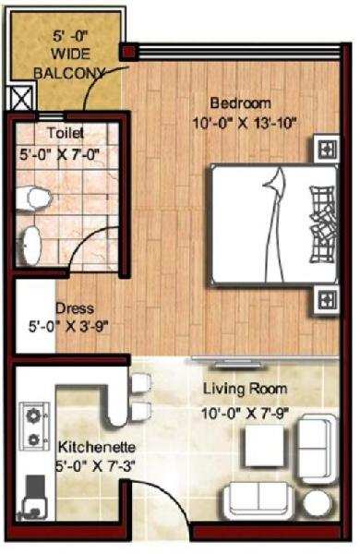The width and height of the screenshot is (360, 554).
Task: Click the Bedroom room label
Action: pos(241,103)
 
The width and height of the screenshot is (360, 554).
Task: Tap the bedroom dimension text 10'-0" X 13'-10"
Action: pos(244,124)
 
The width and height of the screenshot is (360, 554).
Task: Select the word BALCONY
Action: pos(69,73)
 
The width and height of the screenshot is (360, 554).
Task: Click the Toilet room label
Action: pos(66,133)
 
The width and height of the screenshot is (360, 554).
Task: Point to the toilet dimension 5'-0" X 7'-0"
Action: pos(59,154)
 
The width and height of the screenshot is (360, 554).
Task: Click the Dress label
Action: pos(75,308)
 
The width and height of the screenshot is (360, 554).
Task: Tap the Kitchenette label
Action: pos(97,447)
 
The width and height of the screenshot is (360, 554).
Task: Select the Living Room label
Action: pos(245,389)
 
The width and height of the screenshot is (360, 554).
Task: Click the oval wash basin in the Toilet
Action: pos(31,246)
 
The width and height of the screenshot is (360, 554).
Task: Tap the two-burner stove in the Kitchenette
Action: pos(34,426)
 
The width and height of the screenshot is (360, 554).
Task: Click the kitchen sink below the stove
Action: pos(33,499)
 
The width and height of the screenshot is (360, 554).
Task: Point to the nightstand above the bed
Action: pos(327,150)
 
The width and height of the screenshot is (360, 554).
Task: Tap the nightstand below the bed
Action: pos(327,300)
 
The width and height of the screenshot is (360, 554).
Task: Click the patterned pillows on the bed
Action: pos(322,225)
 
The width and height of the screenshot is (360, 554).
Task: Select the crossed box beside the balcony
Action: pos(22,98)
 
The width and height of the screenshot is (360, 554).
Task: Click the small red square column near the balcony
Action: pos(127,52)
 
